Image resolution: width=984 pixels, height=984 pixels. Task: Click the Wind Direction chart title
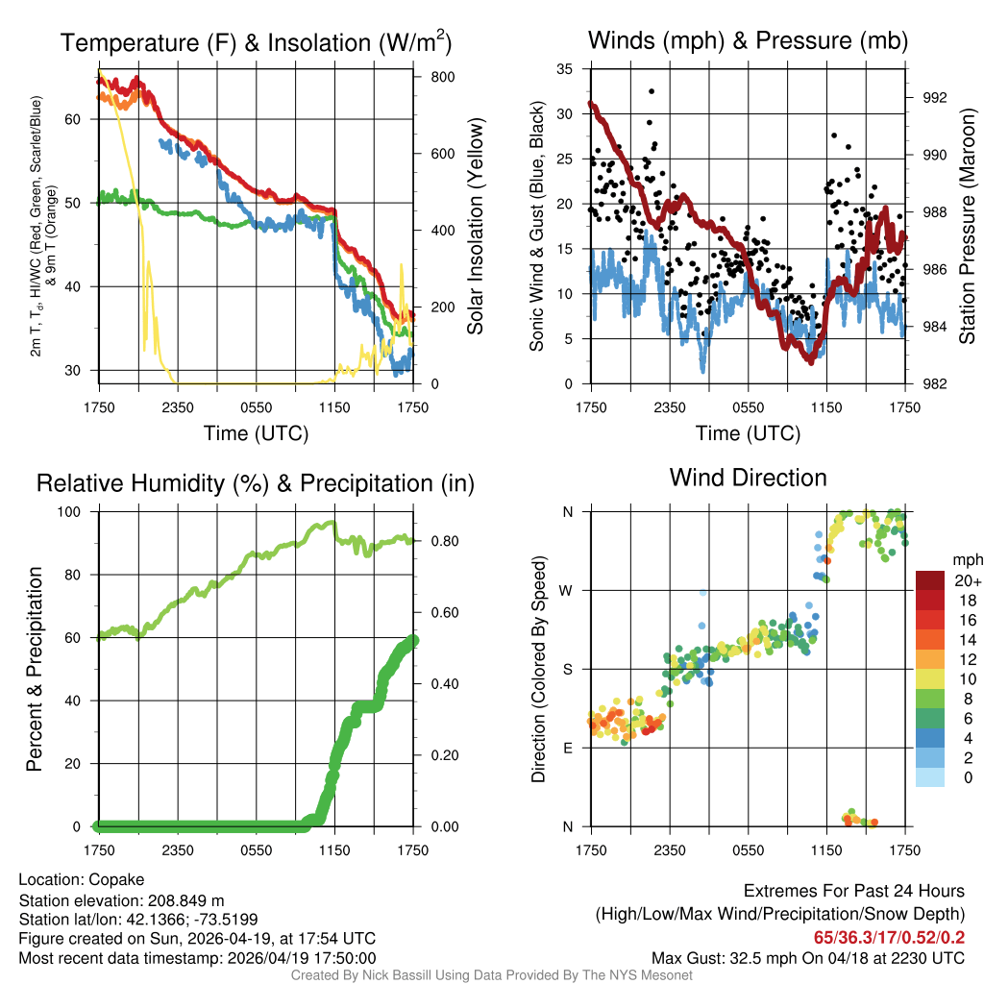coord(748,478)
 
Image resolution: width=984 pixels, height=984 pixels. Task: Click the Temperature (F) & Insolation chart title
coord(256,43)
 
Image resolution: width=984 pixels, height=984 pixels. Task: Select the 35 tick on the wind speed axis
coord(565,69)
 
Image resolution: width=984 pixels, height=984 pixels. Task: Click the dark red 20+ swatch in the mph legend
coord(931,580)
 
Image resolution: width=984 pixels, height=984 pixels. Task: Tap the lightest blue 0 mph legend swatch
coord(931,776)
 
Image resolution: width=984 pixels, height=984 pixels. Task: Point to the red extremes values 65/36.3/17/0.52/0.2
coord(889,937)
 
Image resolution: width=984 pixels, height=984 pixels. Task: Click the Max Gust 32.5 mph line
coord(807,957)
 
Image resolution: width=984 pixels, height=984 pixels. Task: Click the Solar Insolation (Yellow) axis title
coord(475,227)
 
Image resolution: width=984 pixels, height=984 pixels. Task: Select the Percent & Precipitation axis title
coord(35,669)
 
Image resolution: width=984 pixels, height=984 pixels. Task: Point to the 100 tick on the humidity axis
coord(74,512)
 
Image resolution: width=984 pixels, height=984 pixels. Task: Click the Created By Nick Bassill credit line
coord(491,975)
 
